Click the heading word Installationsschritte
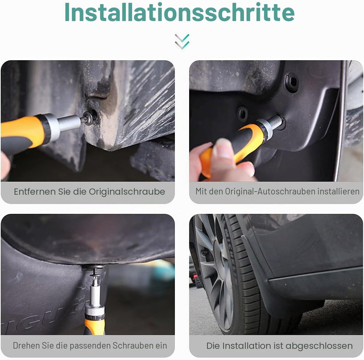(179, 13)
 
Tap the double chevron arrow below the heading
(182, 42)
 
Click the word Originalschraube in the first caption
(127, 192)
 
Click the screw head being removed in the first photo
(88, 118)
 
